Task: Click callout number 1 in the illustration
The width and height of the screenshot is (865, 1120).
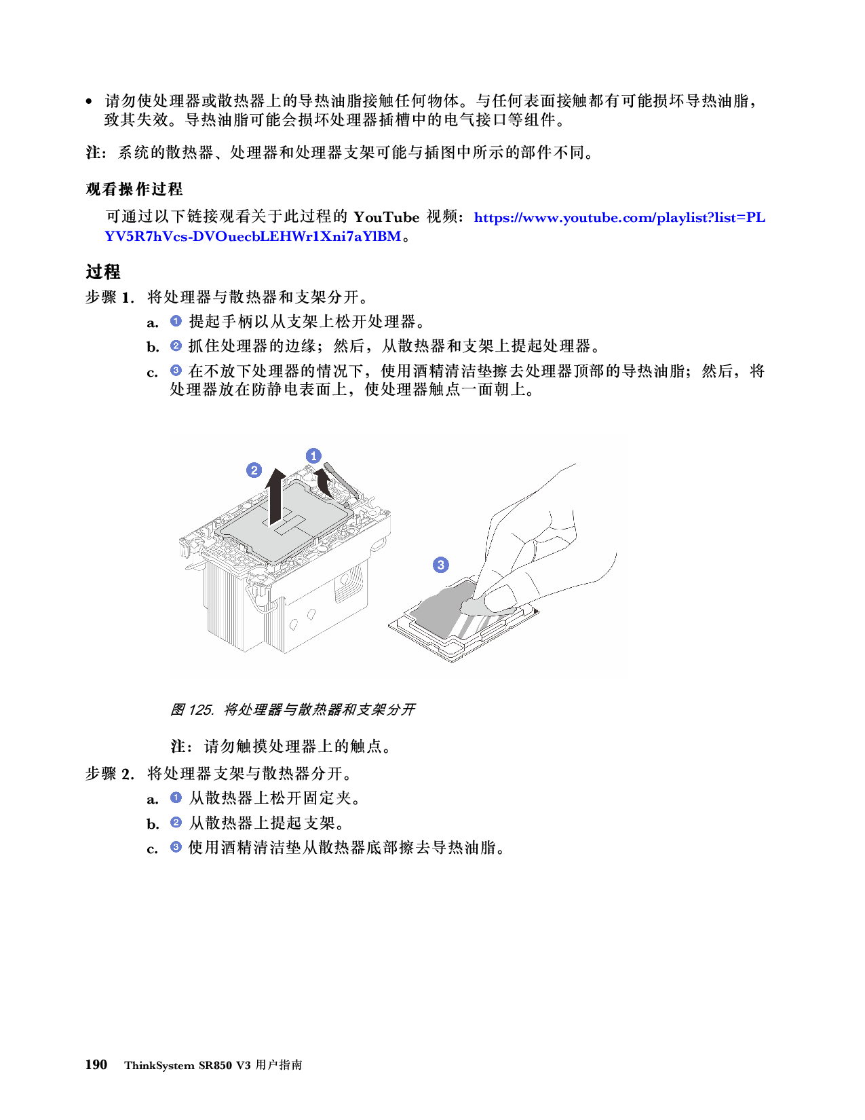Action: tap(313, 456)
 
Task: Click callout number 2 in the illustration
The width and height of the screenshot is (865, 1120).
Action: tap(254, 470)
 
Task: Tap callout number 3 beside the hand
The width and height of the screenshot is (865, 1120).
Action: tap(440, 565)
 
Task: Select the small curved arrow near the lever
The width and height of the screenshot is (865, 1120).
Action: tap(324, 483)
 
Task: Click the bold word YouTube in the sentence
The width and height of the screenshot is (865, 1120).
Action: tap(387, 217)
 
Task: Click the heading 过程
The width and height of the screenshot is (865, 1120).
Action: tap(103, 272)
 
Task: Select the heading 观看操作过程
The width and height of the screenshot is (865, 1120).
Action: tap(134, 189)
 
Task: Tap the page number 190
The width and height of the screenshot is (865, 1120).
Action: tap(96, 1064)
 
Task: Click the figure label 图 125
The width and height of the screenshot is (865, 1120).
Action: tap(192, 709)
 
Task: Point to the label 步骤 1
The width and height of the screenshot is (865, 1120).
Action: tap(110, 297)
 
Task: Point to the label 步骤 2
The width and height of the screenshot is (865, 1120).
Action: tap(110, 773)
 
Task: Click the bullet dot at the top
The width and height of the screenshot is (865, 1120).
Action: tap(89, 102)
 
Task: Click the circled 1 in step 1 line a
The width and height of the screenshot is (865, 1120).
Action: tap(176, 321)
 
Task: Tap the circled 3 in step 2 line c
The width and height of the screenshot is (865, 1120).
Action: tap(176, 847)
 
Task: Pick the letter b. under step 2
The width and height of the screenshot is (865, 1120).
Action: tap(153, 824)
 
